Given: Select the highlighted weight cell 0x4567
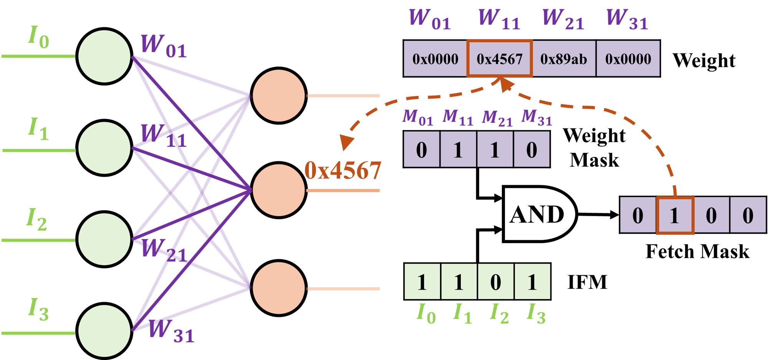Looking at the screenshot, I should point(499,59).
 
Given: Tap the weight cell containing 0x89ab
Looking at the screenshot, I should point(563,59).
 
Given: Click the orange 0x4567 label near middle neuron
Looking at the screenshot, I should point(343,170).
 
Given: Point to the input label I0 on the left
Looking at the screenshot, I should point(38,37).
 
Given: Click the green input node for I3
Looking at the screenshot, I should point(104,330).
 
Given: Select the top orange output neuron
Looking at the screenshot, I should point(278,96).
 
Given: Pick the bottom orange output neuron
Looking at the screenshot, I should point(278,288).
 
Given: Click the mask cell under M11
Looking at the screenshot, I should point(458,149).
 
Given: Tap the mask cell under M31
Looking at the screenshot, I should point(531,149).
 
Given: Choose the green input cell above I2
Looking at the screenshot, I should point(495,282).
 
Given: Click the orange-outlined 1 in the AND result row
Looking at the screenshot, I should point(675,215).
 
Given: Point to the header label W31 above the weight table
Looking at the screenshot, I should point(627,19).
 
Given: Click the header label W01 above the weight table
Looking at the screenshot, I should point(430,19).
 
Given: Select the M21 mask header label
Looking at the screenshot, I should point(497,118).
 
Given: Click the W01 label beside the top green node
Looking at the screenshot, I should point(164,46).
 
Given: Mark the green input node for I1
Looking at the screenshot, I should point(104,148).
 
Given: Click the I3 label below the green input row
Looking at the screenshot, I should point(536,313).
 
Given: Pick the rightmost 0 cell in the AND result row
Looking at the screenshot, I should point(748,215).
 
